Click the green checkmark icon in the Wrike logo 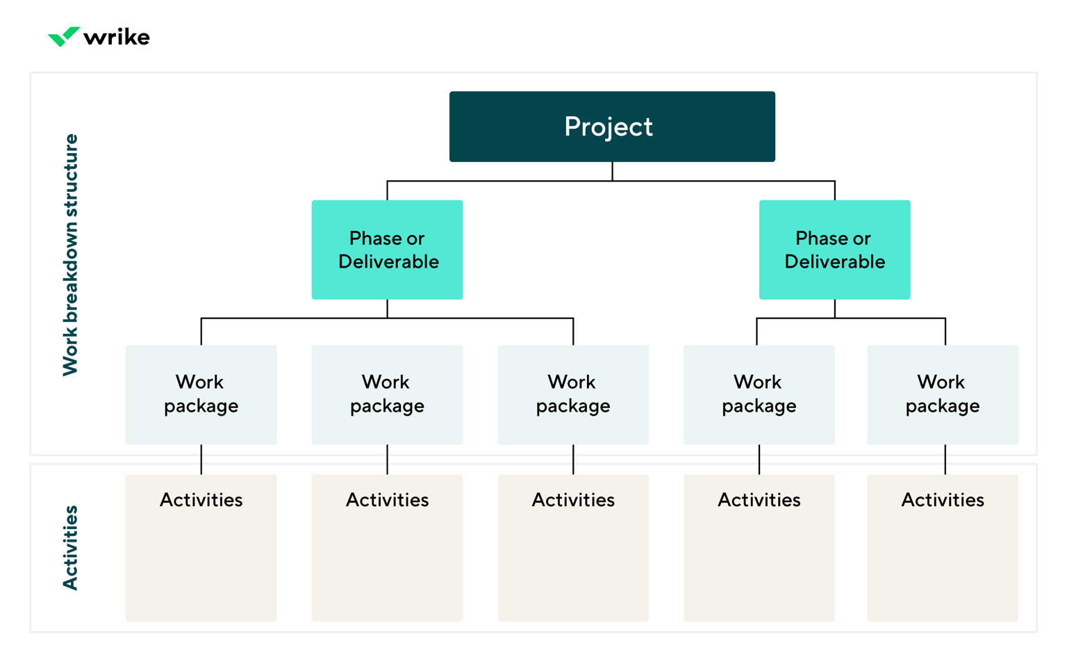(63, 36)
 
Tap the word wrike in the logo (116, 37)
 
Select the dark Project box (611, 127)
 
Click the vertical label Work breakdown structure (71, 254)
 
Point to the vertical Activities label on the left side (71, 548)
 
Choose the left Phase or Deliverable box (387, 250)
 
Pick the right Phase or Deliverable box (834, 250)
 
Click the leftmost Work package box (201, 394)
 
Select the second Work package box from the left (387, 394)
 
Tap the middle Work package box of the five (573, 394)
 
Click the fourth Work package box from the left (759, 394)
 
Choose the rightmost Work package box (943, 394)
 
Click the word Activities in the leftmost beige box (201, 500)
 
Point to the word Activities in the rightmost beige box (943, 500)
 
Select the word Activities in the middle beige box (573, 500)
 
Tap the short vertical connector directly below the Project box (612, 171)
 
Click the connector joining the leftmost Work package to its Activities (201, 460)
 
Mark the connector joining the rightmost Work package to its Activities (945, 460)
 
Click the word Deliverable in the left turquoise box (388, 262)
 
